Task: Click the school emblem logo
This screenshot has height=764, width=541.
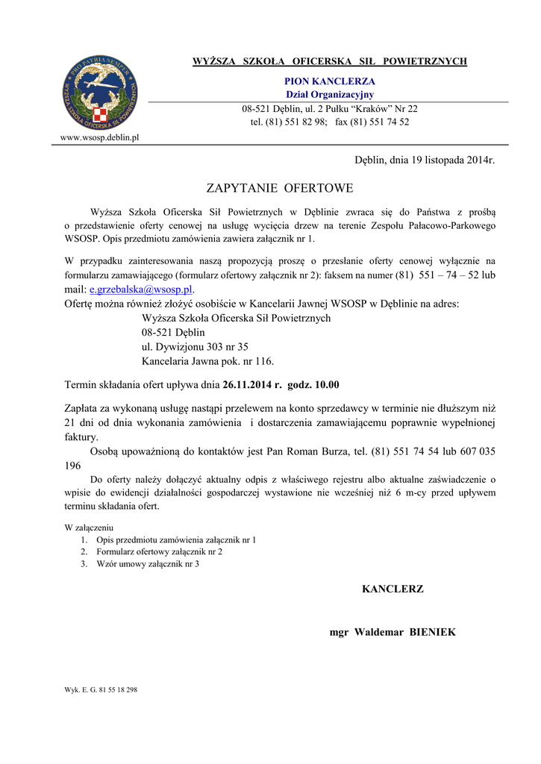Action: coord(99,93)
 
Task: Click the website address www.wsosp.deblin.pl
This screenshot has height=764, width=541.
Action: coord(99,138)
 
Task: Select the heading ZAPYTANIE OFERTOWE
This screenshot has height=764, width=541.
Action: coord(279,187)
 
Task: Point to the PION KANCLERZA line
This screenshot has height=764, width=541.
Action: coord(330,81)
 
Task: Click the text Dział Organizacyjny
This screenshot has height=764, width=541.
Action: coord(330,95)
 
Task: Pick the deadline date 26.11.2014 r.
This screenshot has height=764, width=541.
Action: coord(251,385)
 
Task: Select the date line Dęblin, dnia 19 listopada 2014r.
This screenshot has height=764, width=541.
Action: coord(424,160)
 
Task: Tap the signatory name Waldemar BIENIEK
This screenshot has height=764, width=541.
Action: coord(404,632)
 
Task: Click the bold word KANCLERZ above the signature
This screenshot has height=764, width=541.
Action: coord(393,589)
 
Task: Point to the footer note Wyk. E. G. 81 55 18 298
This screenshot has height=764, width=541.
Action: coord(101,690)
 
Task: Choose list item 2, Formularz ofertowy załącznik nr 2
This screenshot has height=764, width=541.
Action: coord(159,551)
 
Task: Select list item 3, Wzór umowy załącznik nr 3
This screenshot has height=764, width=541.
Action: coord(147,564)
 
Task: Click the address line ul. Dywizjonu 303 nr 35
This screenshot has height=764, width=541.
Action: coord(195,347)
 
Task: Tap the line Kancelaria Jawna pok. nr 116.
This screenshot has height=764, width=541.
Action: coord(207,361)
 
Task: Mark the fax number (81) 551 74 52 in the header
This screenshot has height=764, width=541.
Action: coord(384,122)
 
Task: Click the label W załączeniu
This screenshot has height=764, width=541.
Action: coord(89,527)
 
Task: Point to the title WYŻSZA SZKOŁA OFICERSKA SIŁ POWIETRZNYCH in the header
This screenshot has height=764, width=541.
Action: coord(330,61)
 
